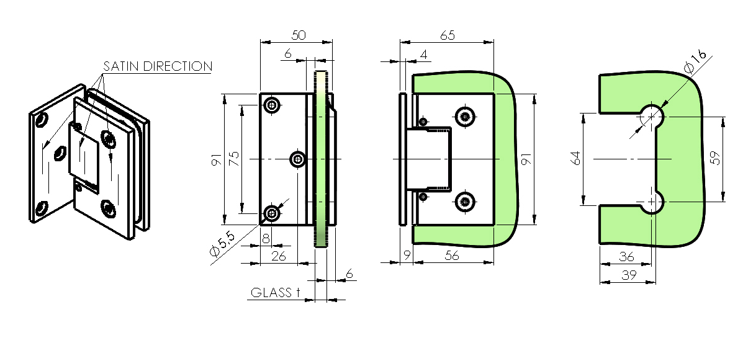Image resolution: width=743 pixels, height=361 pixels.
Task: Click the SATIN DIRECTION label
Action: pos(157,66)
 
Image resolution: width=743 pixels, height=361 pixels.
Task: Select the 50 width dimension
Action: pos(299,35)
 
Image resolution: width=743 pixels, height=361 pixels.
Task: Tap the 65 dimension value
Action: pos(448,35)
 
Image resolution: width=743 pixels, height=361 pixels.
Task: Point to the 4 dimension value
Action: pos(423,55)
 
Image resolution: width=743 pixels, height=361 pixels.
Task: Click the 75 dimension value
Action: pos(234,158)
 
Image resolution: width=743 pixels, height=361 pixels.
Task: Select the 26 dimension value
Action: pos(279,256)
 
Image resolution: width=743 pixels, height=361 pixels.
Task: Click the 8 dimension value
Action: pos(266,239)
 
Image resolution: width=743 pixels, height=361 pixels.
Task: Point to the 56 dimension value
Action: pos(453,256)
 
